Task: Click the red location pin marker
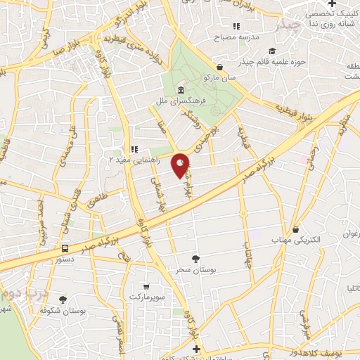[x=181, y=165]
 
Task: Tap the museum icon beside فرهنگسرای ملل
[x=181, y=91]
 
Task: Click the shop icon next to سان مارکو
[x=221, y=67]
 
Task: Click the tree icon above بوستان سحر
[x=195, y=259]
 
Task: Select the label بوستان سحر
[x=195, y=270]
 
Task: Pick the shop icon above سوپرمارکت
[x=146, y=287]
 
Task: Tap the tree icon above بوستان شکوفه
[x=63, y=300]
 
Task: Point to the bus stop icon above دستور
[x=65, y=248]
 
